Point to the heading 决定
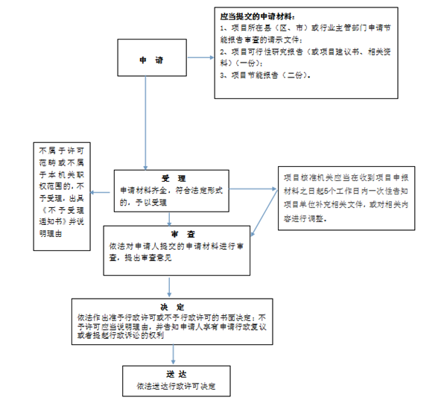pyautogui.click(x=173, y=306)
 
